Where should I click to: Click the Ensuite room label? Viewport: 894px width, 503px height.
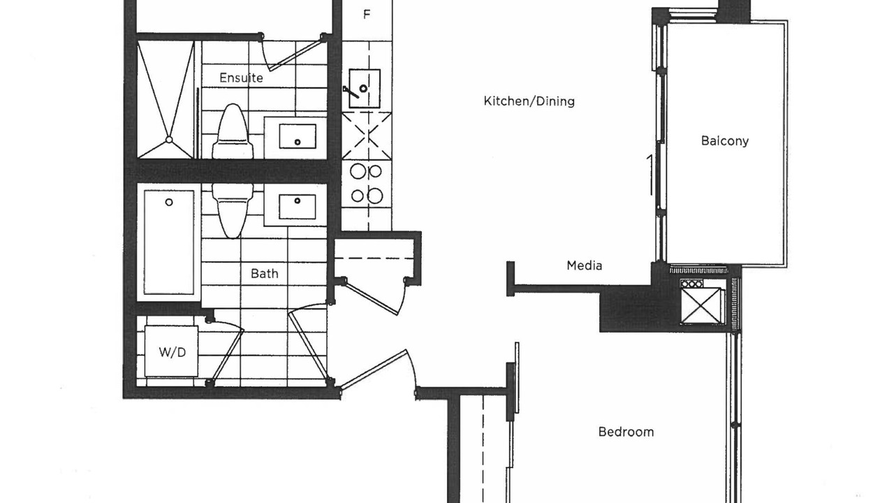click(x=241, y=78)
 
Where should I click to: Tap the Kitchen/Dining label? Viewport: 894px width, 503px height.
click(x=529, y=101)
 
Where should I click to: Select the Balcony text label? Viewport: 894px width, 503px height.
click(x=725, y=140)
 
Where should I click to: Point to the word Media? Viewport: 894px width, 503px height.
click(x=585, y=265)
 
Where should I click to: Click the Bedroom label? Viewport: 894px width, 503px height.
click(x=626, y=432)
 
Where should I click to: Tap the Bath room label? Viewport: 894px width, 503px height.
click(x=264, y=273)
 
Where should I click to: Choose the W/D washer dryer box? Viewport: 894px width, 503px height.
click(x=172, y=351)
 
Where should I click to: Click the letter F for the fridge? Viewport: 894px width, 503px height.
click(x=367, y=15)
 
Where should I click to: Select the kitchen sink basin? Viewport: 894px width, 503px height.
click(x=365, y=88)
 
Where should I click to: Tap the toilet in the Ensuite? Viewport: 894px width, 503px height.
click(x=233, y=132)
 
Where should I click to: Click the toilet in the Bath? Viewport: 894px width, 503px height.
click(x=233, y=211)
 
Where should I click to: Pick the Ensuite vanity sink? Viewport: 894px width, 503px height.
click(x=298, y=136)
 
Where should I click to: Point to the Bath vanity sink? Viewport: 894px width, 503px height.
click(x=298, y=207)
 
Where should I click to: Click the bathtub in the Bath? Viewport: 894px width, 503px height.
click(x=169, y=242)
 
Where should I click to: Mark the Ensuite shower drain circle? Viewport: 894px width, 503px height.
click(x=169, y=140)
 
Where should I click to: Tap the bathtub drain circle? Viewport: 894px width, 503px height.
click(x=169, y=203)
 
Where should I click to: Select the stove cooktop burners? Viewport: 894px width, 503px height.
click(x=367, y=184)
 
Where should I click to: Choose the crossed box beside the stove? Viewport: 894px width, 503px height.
click(x=367, y=136)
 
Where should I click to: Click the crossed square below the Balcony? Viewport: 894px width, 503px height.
click(x=701, y=306)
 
